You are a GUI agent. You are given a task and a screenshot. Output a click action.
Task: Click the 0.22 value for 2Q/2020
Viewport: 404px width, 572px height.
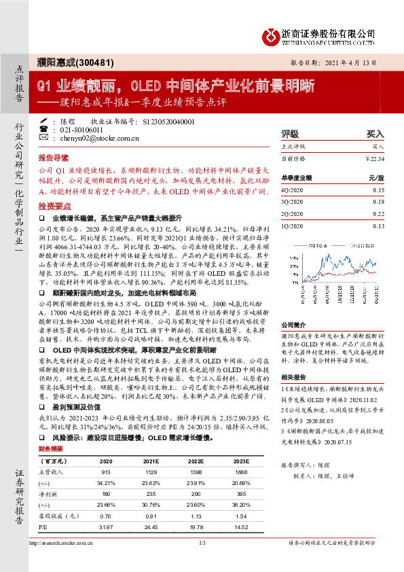pyautogui.click(x=378, y=213)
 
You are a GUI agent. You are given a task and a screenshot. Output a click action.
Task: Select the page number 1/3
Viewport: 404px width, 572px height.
pyautogui.click(x=202, y=562)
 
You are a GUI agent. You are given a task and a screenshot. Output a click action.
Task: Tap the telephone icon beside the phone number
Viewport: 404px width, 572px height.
pyautogui.click(x=43, y=129)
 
